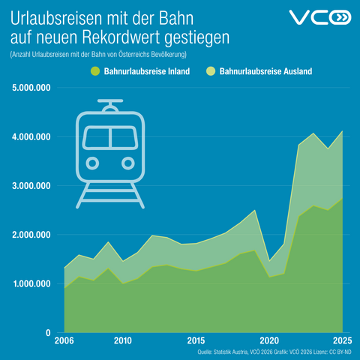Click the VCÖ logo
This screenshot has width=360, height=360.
tap(320, 17)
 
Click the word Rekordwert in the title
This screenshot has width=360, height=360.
tap(121, 37)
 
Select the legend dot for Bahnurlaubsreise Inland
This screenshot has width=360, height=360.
tap(95, 71)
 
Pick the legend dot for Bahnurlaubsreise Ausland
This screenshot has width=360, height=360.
tap(211, 71)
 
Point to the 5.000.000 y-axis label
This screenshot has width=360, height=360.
tap(31, 88)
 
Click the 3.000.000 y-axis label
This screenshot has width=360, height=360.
tap(31, 186)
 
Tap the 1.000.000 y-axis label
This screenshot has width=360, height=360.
tap(31, 283)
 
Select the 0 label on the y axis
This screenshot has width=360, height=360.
tap(48, 333)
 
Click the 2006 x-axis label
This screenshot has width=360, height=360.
tap(64, 340)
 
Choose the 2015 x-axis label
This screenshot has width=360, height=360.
tap(196, 340)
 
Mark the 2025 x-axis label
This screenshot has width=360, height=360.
tap(343, 340)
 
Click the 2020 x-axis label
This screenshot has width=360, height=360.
tap(269, 340)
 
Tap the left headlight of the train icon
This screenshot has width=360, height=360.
tap(92, 163)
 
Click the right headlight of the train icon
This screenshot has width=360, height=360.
tap(128, 163)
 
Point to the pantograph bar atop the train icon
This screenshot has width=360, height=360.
tap(110, 100)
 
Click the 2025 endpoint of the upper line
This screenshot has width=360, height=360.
tap(343, 130)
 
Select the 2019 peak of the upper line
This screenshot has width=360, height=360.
tap(255, 210)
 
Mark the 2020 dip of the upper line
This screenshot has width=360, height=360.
tap(269, 261)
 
